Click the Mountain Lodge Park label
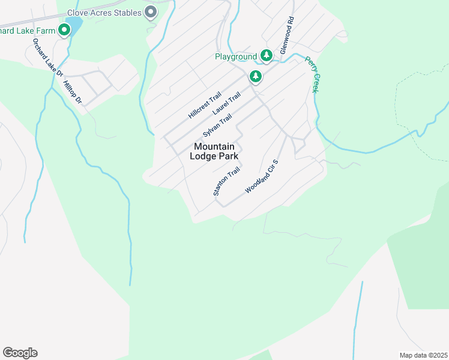214,151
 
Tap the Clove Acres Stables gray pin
151,13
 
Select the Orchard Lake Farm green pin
64,30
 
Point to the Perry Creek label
311,74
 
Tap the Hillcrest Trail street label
205,105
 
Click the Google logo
20,353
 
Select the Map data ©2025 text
423,355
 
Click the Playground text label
236,57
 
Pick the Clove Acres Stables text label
104,13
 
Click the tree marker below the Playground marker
256,76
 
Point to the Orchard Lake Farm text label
28,31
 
